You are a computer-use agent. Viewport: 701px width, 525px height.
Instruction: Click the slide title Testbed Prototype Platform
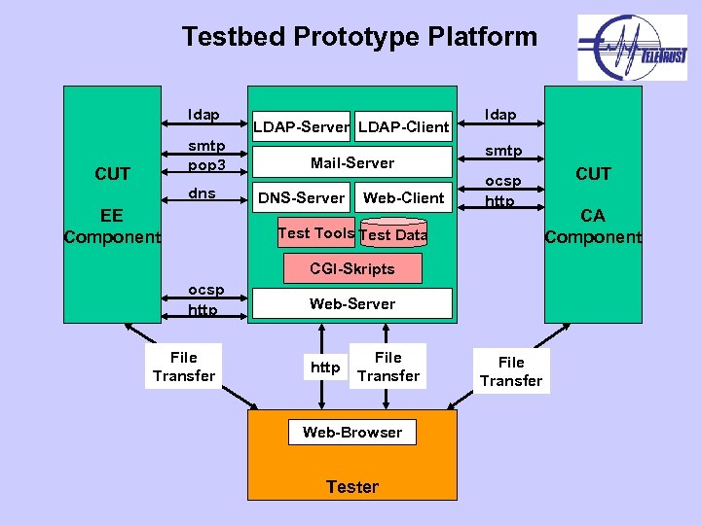359,37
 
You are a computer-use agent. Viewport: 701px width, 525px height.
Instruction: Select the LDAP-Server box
301,126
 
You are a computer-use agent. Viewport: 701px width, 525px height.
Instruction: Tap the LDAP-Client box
403,126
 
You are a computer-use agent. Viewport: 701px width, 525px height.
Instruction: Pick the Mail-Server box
351,162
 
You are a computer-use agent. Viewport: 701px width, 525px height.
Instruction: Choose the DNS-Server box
301,198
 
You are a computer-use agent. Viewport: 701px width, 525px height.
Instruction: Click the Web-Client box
403,198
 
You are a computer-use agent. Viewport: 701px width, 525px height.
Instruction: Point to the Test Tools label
315,233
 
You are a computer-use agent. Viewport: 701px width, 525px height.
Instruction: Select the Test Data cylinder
393,234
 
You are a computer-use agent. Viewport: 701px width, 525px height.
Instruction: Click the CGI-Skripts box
351,268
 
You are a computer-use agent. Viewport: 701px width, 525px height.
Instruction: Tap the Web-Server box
351,303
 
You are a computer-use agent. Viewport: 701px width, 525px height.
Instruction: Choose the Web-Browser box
351,433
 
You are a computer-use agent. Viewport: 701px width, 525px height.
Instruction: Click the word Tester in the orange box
351,486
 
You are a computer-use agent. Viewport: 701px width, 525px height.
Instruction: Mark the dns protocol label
203,193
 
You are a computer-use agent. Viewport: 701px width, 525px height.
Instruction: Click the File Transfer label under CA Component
510,371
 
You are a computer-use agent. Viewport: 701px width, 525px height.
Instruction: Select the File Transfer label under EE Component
183,367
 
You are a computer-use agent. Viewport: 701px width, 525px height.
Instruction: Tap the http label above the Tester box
325,367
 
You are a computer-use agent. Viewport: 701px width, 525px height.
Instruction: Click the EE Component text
112,226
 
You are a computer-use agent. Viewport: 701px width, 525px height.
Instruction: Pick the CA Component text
593,226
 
